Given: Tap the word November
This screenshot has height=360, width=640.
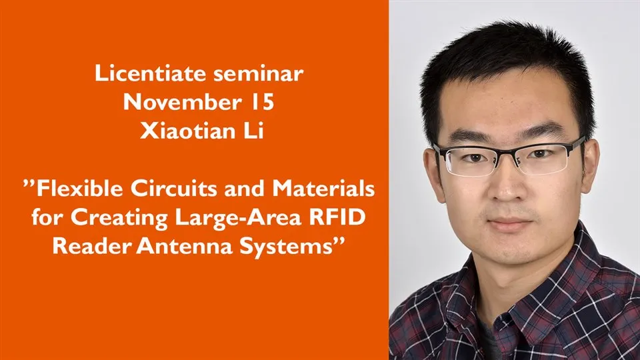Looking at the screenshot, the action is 182,102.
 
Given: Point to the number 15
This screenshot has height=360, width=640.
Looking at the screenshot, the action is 261,102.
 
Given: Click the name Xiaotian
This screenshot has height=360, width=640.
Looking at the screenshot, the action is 188,131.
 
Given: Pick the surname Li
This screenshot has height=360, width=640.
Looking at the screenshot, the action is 254,131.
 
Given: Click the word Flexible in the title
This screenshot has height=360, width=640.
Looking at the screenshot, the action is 79,188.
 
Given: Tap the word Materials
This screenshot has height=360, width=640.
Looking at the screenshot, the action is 323,188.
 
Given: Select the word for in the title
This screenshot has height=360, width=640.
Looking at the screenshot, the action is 47,217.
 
